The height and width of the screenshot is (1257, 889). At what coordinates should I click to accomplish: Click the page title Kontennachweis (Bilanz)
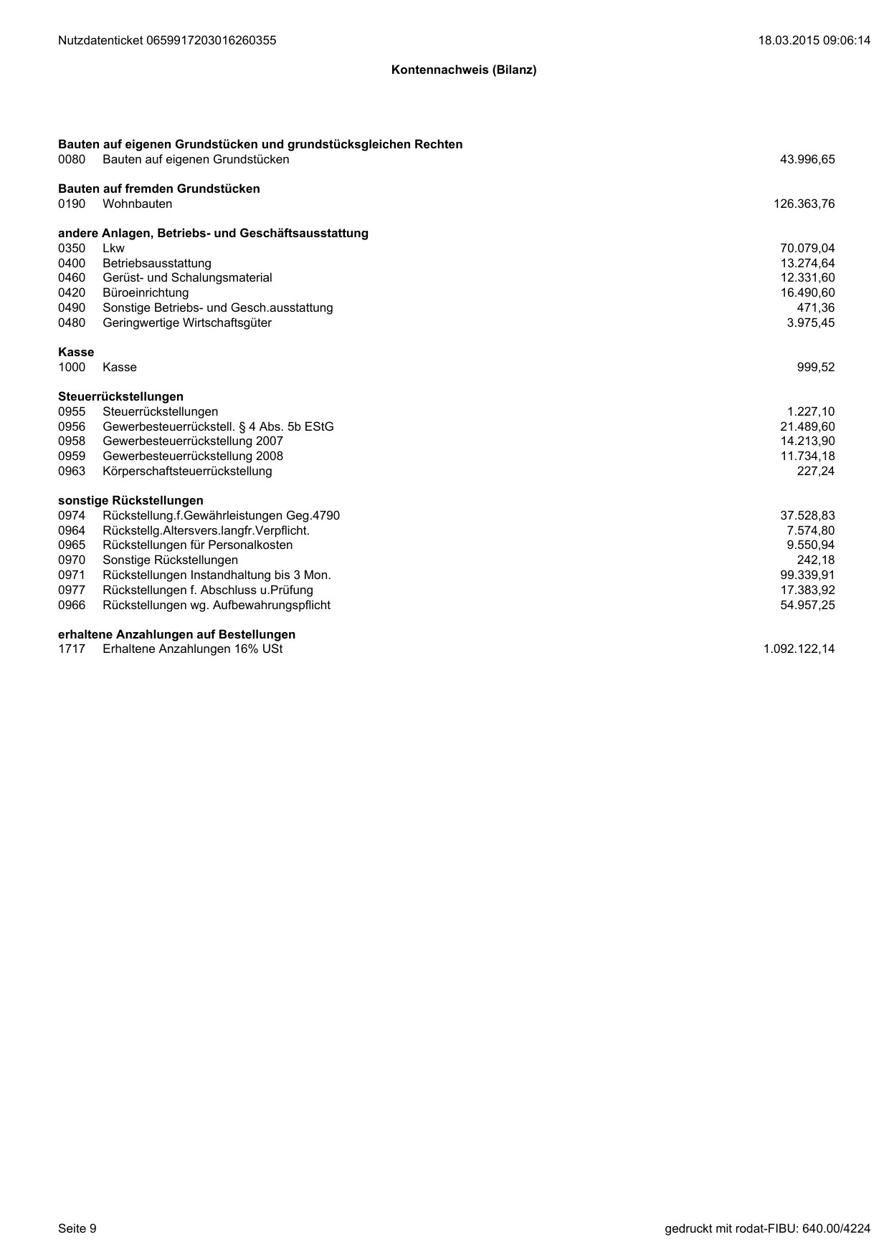[x=464, y=70]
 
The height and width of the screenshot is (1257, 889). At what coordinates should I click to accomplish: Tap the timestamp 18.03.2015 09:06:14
[x=814, y=41]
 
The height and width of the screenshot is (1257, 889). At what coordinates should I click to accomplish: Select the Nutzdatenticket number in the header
[x=167, y=41]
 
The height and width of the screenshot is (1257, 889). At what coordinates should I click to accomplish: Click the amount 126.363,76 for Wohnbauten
[x=804, y=204]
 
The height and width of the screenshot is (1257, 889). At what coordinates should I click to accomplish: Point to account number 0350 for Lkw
[x=72, y=249]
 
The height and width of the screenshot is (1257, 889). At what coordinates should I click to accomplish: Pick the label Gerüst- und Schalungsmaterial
[x=187, y=278]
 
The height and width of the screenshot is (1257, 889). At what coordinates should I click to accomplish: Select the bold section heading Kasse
[x=76, y=353]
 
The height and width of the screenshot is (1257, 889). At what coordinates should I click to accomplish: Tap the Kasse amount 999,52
[x=816, y=368]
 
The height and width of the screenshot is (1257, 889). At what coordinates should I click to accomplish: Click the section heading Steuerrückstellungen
[x=120, y=397]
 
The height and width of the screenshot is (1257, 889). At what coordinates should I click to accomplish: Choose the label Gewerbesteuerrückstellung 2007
[x=193, y=441]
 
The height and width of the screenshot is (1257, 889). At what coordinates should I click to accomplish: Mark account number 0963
[x=72, y=472]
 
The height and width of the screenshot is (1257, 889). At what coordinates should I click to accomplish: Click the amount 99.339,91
[x=807, y=575]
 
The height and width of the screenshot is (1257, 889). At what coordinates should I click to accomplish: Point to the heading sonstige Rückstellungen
[x=130, y=501]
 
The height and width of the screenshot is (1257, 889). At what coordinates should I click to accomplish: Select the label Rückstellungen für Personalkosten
[x=197, y=545]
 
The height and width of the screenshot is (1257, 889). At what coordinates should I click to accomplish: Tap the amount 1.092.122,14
[x=799, y=649]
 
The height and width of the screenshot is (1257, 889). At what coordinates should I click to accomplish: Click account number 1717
[x=72, y=649]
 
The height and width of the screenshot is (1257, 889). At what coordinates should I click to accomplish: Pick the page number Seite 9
[x=77, y=1229]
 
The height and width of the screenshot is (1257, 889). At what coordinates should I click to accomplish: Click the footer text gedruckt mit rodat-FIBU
[x=767, y=1229]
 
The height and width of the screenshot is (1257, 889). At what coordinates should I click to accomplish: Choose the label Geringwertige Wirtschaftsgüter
[x=187, y=323]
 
